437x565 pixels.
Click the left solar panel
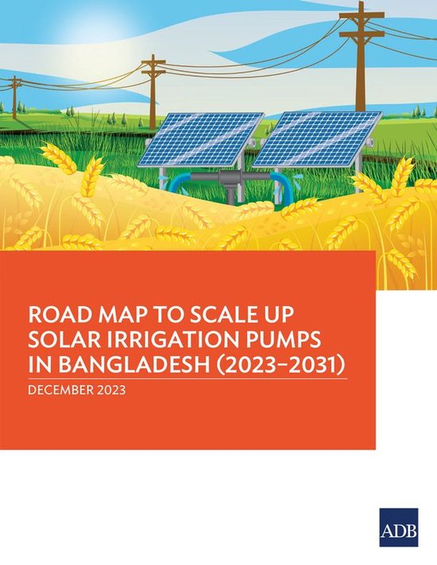click(x=200, y=138)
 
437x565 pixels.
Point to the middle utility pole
click(x=153, y=87)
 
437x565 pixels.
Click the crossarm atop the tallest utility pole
click(x=362, y=15)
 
